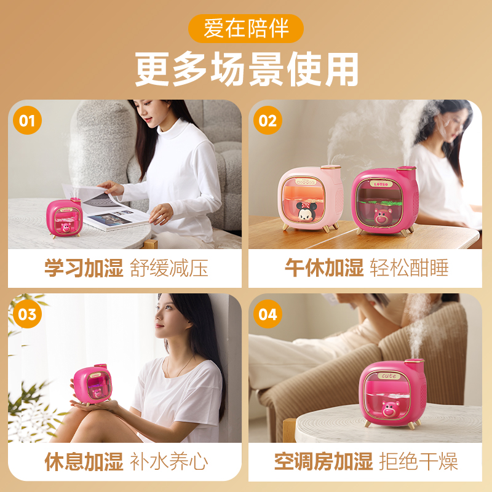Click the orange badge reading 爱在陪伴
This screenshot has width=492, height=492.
(245, 28)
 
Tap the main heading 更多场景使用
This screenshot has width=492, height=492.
(247, 69)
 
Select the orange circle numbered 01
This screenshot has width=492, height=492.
(27, 120)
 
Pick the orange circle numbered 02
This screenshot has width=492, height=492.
(268, 120)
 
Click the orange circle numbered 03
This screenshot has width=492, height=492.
(27, 314)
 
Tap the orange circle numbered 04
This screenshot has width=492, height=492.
(268, 314)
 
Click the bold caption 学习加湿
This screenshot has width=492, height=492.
(84, 268)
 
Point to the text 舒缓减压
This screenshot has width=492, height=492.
(169, 268)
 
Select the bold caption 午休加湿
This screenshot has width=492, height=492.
(324, 268)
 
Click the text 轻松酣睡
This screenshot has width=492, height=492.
(410, 268)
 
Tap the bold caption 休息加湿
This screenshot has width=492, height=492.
(84, 462)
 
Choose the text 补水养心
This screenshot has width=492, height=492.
(169, 462)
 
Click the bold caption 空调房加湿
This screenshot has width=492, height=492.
(323, 461)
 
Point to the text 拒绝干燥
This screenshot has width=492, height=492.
(419, 461)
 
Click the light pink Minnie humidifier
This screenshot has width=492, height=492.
(310, 199)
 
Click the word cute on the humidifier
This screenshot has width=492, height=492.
(389, 376)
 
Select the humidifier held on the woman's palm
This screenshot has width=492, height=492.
(93, 385)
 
